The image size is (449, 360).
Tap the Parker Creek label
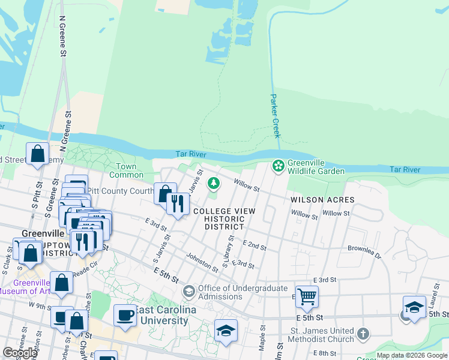click(x=276, y=115)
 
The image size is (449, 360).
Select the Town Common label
click(x=126, y=170)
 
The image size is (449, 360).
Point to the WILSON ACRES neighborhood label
click(x=322, y=199)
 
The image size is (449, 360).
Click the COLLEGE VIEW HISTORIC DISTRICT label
click(x=224, y=219)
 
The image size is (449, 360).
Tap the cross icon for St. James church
click(x=362, y=332)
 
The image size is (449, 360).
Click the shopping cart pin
click(x=307, y=296)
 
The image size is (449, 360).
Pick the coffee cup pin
click(x=125, y=314)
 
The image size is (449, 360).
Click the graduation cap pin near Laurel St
click(x=414, y=307)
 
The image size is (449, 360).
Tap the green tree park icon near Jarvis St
click(x=212, y=183)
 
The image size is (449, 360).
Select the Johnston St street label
click(x=202, y=262)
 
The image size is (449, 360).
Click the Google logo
click(x=20, y=353)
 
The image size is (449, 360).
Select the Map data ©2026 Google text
click(x=412, y=356)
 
